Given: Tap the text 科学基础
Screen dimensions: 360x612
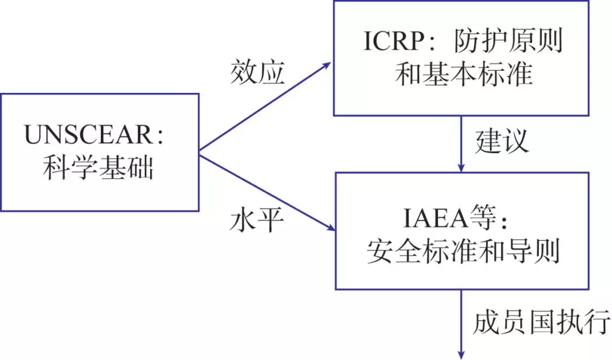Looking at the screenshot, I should [99, 168].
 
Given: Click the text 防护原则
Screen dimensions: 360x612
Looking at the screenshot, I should [509, 43].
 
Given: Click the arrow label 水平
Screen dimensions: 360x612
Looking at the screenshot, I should [257, 220].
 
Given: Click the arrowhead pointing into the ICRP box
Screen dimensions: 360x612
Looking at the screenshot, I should [327, 64].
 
